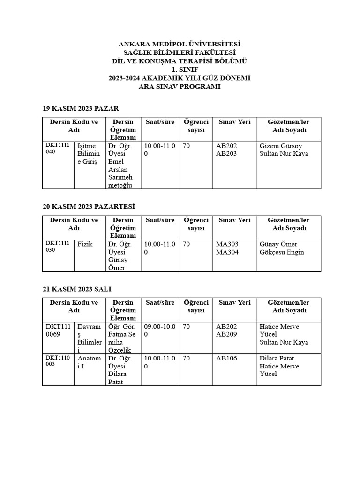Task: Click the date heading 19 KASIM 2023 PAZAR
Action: click(81, 108)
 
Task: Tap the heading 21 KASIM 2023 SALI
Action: click(77, 289)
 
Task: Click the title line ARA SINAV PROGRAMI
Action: click(180, 87)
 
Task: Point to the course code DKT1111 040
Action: click(57, 149)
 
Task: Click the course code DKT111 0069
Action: click(58, 330)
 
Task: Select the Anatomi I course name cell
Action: click(89, 362)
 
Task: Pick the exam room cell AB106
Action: click(227, 359)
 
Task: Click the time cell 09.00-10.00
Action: click(159, 330)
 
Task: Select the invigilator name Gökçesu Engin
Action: click(282, 252)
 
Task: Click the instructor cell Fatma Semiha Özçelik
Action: click(122, 338)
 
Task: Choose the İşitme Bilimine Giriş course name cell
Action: click(89, 154)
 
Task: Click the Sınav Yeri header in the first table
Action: click(234, 122)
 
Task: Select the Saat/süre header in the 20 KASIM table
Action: click(160, 220)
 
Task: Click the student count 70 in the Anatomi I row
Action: click(187, 359)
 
